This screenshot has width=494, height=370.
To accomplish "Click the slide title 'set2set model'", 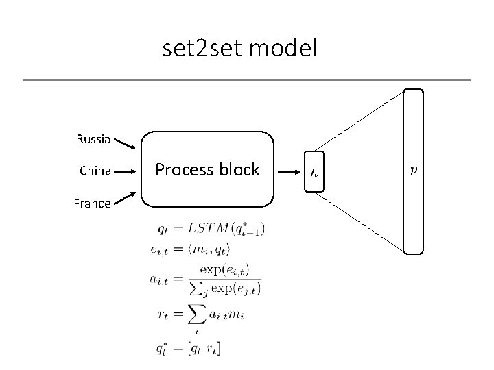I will [x=240, y=49].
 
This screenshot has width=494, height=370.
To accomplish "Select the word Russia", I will [x=93, y=139].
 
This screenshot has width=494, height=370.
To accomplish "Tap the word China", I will [x=95, y=170].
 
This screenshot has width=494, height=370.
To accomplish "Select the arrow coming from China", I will [x=128, y=170].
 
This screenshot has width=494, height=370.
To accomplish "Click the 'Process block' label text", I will [x=207, y=169].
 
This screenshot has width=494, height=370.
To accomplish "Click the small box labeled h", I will [x=314, y=171].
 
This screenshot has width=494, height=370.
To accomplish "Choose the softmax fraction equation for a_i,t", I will [x=205, y=280].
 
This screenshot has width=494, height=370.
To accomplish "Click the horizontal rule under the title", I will [x=247, y=80].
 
